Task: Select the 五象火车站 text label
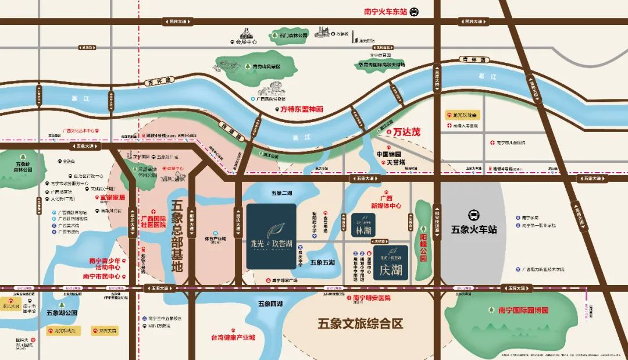(474, 230)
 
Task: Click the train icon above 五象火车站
(474, 215)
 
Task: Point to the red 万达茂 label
(406, 132)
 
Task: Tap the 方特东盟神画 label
(302, 109)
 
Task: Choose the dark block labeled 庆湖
(391, 263)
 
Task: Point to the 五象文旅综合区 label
(361, 323)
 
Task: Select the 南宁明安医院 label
(372, 298)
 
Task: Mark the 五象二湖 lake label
(281, 193)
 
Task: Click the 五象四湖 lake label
(270, 304)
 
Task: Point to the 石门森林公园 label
(294, 35)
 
